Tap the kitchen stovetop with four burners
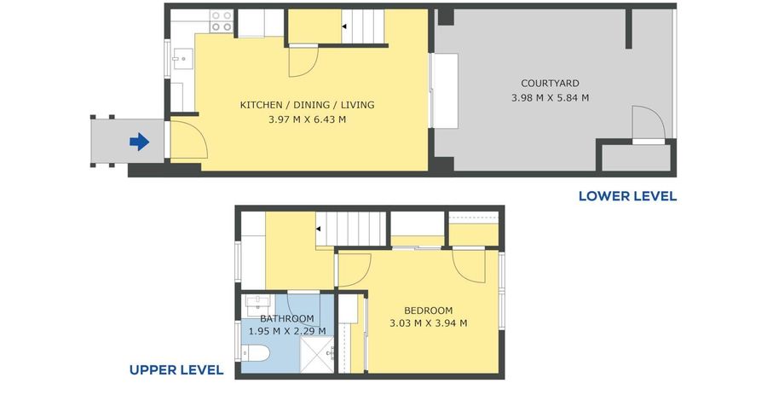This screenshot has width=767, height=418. pos(222,21)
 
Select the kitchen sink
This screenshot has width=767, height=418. pos(182,59)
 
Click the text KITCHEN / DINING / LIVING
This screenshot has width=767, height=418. pos(307,105)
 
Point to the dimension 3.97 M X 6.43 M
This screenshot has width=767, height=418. pos(307,119)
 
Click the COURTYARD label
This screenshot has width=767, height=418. pos(550,84)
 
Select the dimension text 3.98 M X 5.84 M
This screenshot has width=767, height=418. pos(550,98)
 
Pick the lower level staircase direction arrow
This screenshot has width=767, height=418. pos(343,27)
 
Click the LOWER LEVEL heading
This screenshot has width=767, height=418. pos(627,196)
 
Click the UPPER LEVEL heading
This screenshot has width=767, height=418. pos(176,370)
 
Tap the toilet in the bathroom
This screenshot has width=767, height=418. pos(255,354)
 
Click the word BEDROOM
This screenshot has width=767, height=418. pos(428,311)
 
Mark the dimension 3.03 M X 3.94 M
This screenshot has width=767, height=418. pos(428,323)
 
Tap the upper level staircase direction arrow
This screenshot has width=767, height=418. pos(318,229)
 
